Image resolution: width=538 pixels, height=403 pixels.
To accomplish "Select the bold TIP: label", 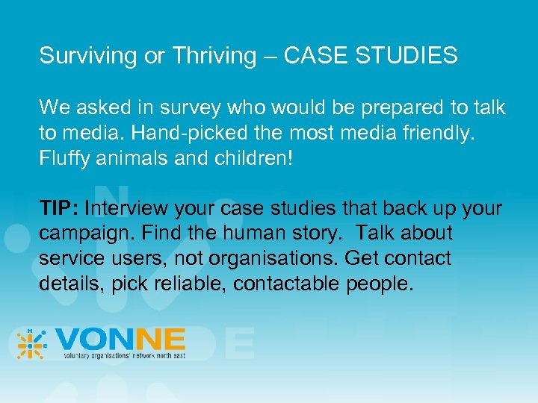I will pyautogui.click(x=59, y=208).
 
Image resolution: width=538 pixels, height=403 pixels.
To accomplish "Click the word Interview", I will pyautogui.click(x=129, y=208).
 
